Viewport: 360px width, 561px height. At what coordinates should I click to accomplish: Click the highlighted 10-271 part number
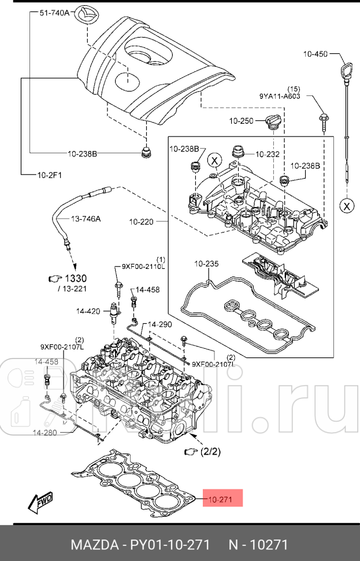point(222,499)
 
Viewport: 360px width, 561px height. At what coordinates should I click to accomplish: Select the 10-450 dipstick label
point(315,54)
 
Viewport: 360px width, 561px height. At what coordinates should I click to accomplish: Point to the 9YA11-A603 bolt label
point(280,97)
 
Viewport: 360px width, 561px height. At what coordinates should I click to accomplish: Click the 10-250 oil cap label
point(241,121)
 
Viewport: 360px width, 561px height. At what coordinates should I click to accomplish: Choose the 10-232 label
point(267,154)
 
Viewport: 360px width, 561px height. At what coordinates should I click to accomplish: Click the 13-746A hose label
point(86,219)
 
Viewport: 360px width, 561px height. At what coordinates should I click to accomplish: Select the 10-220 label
point(142,221)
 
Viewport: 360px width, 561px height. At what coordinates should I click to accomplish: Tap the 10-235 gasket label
point(206,264)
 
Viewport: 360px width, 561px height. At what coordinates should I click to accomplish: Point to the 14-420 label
point(88,311)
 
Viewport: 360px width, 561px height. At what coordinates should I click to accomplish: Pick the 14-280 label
point(44,432)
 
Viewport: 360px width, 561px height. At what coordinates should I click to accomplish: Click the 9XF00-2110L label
point(143,267)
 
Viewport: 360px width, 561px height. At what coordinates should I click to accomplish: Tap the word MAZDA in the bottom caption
point(93,545)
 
